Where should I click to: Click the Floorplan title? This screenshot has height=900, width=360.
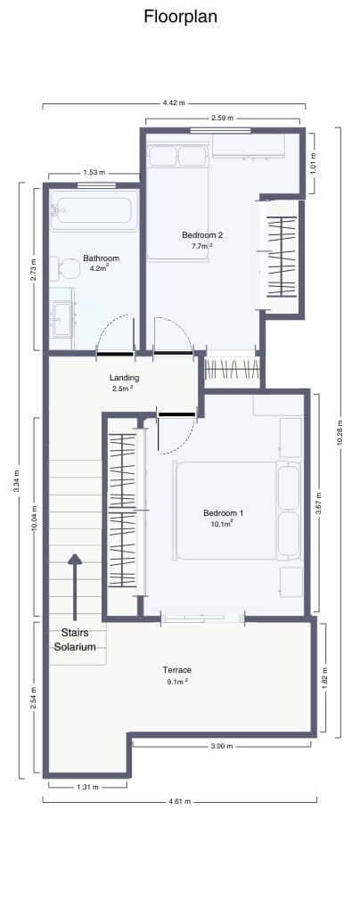pos(180,17)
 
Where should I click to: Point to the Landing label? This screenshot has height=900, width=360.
pos(124,378)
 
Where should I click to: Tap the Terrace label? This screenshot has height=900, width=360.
pos(176,670)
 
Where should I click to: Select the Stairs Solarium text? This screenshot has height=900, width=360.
pos(74,640)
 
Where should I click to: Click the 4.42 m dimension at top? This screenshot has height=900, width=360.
pos(174,103)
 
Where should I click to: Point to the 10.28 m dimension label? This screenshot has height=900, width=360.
pos(339,432)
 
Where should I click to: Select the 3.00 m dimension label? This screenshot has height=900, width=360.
pos(222,746)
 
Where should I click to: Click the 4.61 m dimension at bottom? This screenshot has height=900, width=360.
pos(179,800)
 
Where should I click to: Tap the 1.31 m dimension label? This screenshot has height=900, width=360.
pos(87,788)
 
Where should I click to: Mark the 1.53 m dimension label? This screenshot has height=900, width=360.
pos(94,173)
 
